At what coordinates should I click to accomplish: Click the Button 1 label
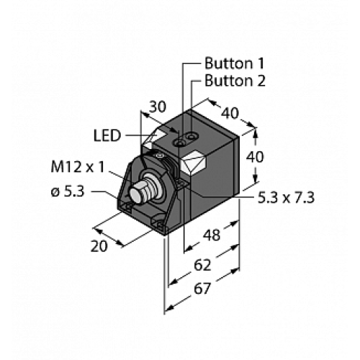pyautogui.click(x=234, y=63)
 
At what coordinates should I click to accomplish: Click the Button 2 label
pyautogui.click(x=235, y=81)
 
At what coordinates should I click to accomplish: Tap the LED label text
pyautogui.click(x=107, y=136)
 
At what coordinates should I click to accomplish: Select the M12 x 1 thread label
pyautogui.click(x=78, y=167)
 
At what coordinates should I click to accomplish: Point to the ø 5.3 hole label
pyautogui.click(x=68, y=192)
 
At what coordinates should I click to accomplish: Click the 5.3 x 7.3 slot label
pyautogui.click(x=286, y=198)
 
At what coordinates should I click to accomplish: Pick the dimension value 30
pyautogui.click(x=158, y=107)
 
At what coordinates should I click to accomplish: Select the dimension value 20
pyautogui.click(x=99, y=246)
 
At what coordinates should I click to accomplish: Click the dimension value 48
pyautogui.click(x=212, y=235)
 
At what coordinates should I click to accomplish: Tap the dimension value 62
pyautogui.click(x=202, y=265)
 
